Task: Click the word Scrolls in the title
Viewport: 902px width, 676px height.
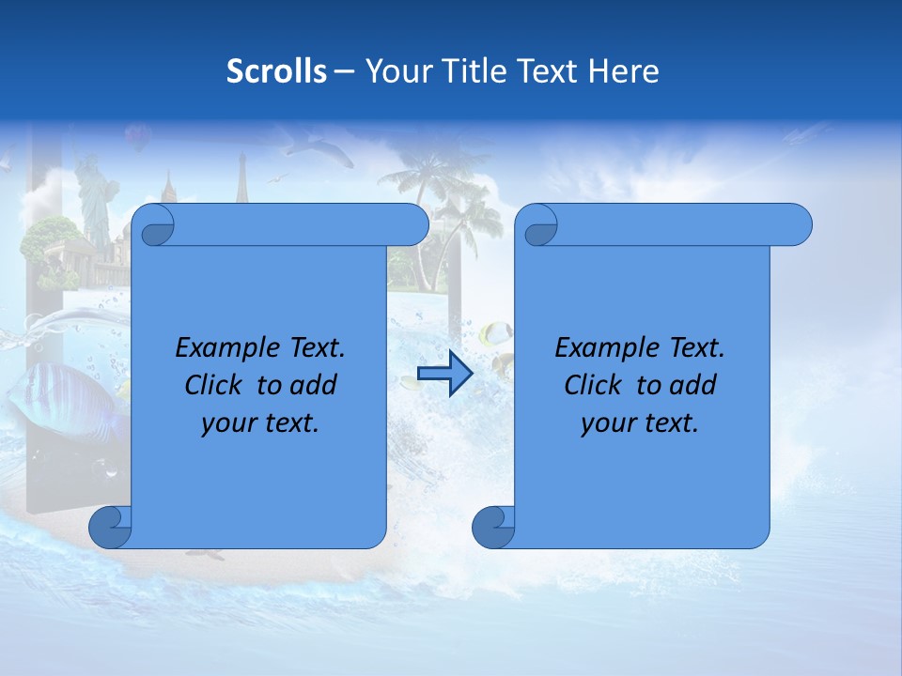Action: (x=277, y=71)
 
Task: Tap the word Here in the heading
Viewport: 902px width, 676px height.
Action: (x=624, y=71)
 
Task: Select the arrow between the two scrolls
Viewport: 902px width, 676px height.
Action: (x=444, y=373)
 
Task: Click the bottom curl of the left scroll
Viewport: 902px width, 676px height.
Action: (x=110, y=527)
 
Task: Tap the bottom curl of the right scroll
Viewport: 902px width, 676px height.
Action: (x=493, y=527)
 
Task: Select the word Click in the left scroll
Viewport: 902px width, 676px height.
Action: (x=215, y=385)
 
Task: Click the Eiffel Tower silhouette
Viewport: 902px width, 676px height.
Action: (x=241, y=178)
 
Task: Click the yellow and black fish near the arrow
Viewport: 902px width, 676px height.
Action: (x=495, y=333)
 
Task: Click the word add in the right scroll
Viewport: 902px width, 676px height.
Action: (x=694, y=385)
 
